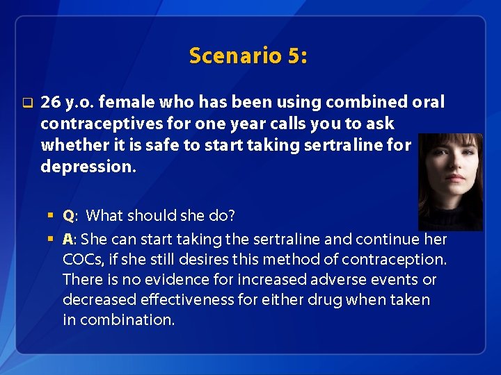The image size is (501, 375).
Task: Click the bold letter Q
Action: [x=68, y=216]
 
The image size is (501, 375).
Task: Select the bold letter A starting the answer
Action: [x=67, y=240]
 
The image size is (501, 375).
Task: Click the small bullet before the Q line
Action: [x=51, y=216]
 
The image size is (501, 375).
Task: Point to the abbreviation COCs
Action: [x=82, y=260]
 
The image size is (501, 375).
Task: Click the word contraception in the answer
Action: [x=395, y=260]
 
